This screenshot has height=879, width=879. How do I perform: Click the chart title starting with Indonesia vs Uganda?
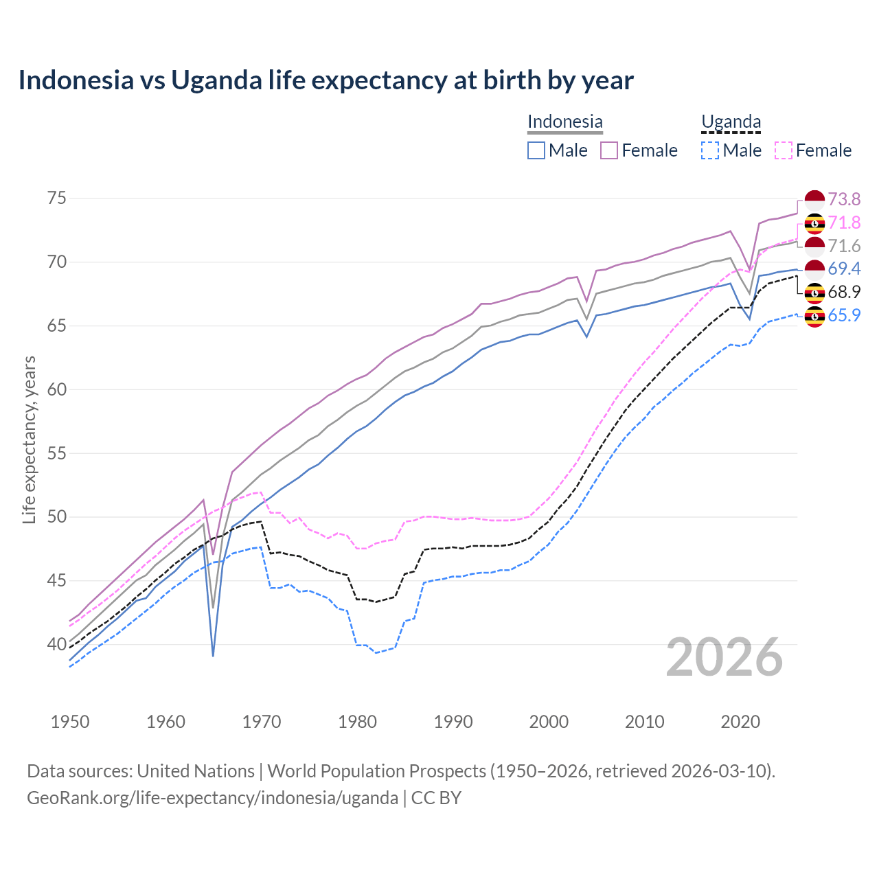[326, 80]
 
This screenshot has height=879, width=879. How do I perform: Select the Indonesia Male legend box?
[536, 150]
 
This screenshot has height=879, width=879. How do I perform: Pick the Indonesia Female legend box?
[609, 150]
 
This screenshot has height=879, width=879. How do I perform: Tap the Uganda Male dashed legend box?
[710, 150]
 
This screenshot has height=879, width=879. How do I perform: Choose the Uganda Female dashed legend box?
[783, 150]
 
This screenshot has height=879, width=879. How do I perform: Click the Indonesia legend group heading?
[564, 122]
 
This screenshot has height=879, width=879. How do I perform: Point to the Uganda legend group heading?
[731, 122]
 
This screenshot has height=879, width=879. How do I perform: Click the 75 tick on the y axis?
[57, 198]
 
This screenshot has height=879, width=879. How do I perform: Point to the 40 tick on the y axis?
[57, 644]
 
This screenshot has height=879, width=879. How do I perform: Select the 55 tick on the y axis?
[57, 453]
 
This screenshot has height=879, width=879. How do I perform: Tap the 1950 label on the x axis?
[70, 722]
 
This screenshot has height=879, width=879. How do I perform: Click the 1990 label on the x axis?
[453, 722]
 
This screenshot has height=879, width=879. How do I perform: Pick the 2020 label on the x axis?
[740, 722]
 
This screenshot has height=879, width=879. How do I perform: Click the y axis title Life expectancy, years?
[29, 439]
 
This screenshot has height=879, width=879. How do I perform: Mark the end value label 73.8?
[844, 199]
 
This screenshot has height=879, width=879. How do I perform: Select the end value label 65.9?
[844, 315]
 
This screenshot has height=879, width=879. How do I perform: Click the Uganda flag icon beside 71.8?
[814, 223]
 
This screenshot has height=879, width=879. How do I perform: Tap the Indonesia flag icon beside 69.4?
[814, 269]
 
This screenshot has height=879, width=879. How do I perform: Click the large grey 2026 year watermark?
[724, 657]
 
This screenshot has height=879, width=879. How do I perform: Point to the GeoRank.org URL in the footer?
[213, 798]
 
